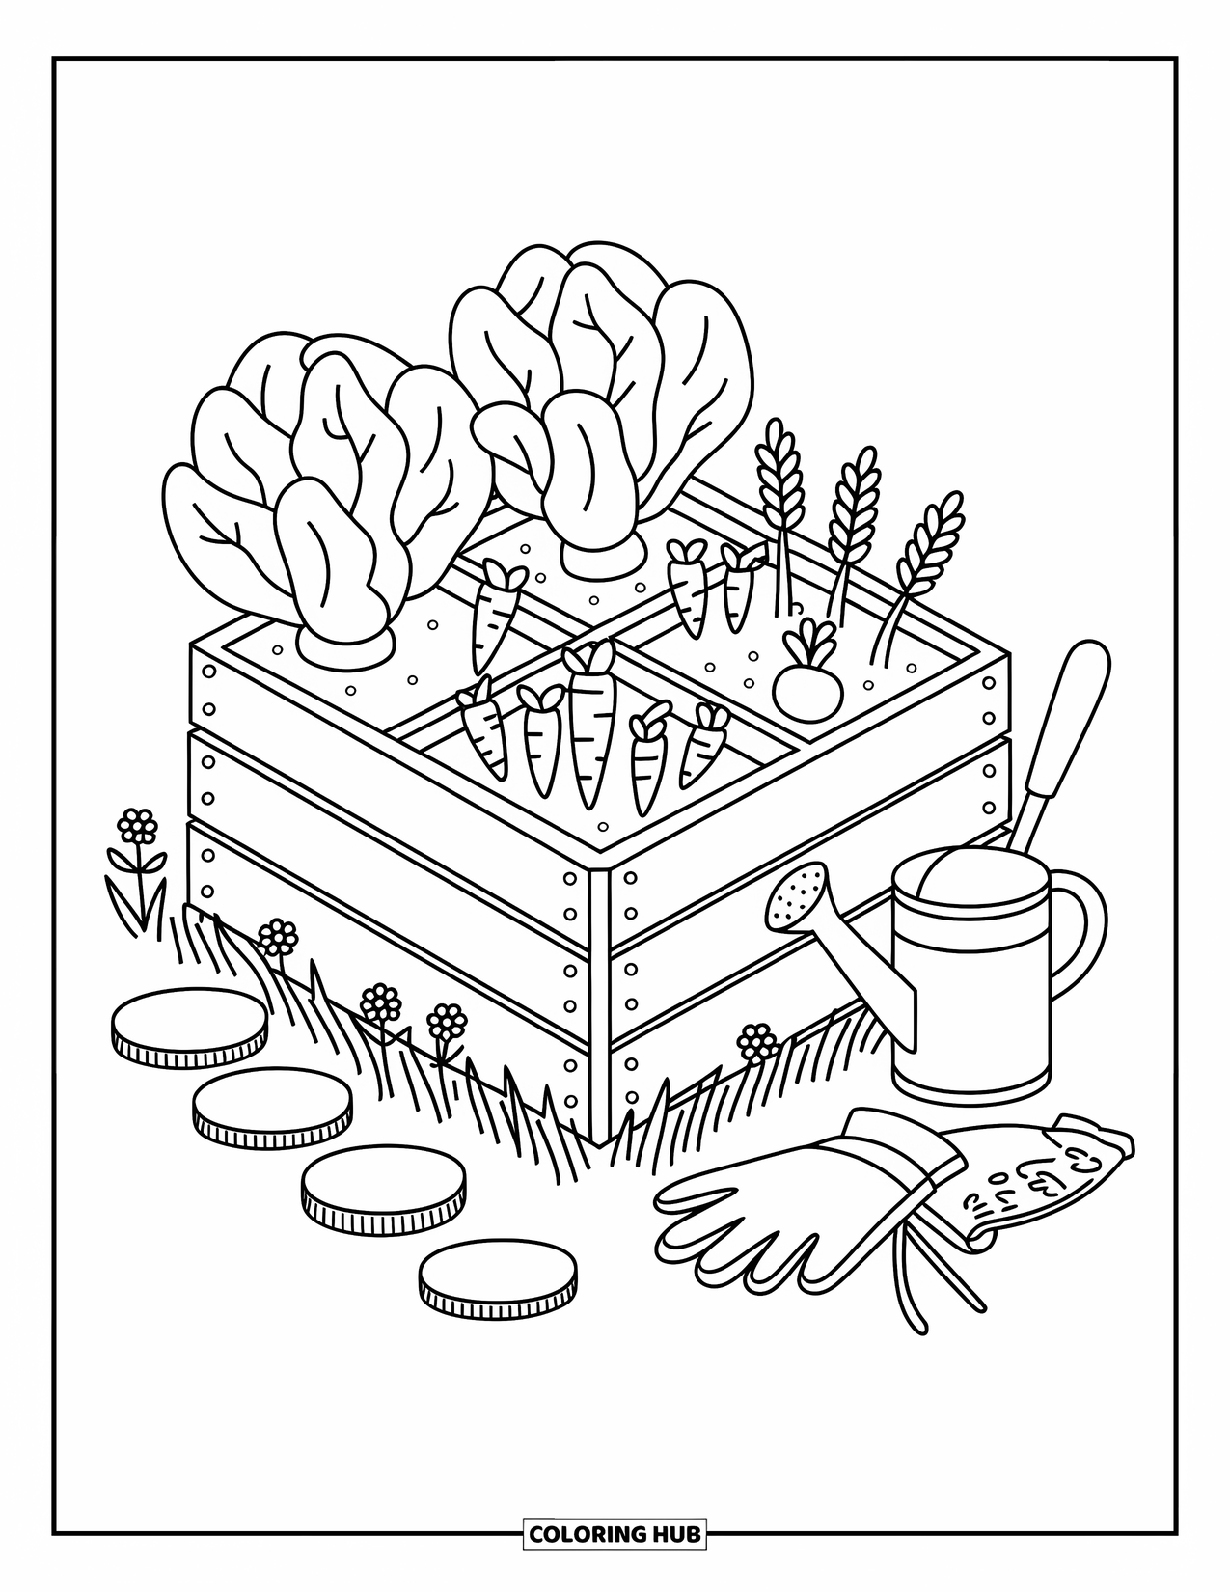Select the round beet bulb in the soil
coord(808,686)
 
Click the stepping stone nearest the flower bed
coord(190,1027)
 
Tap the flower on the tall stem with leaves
coord(140,826)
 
